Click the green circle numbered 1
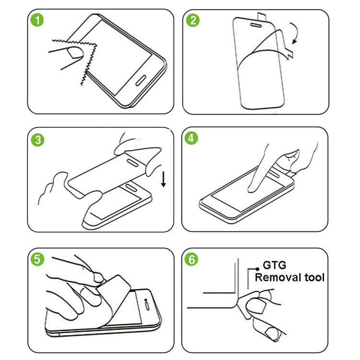coord(37,21)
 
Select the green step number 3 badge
coord(37,140)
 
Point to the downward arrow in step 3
coord(163,180)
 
